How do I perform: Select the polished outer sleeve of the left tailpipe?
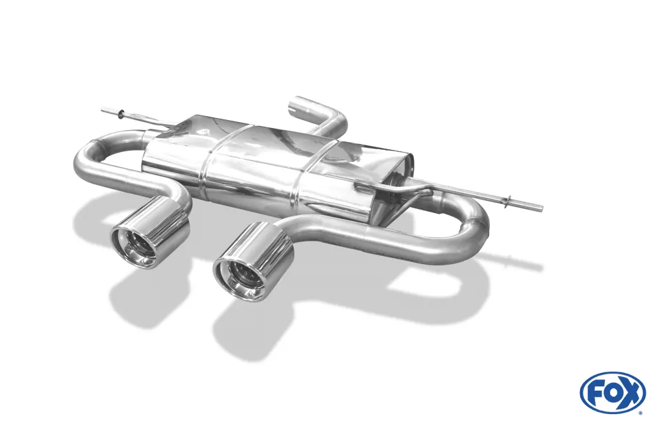pos(166,219)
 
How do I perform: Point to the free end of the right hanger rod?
pos(541,208)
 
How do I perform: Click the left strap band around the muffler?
pos(211,166)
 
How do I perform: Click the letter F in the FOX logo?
pos(595,392)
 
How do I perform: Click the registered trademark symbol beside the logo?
pos(640,412)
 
